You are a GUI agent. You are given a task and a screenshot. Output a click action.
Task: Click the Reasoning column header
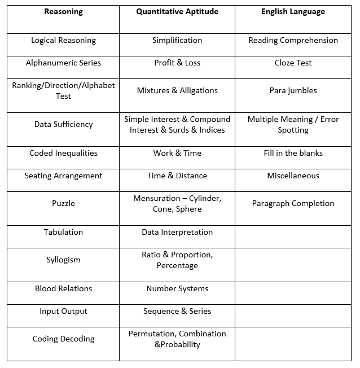[x=63, y=12]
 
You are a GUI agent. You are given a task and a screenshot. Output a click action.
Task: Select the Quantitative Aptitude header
[x=177, y=12]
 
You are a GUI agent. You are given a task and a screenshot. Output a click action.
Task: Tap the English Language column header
[x=293, y=12]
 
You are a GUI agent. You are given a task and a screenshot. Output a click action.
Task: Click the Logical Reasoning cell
[x=63, y=41]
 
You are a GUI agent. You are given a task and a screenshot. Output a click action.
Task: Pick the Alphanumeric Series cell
[x=63, y=63]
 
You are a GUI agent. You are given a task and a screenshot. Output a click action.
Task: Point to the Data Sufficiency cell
[x=63, y=125]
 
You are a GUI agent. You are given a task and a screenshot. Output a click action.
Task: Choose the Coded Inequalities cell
[x=63, y=154]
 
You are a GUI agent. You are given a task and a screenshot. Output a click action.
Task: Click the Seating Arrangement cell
[x=63, y=176]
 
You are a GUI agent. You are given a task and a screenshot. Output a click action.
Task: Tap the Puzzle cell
[x=63, y=204]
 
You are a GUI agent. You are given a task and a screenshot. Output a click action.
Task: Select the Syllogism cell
[x=63, y=260]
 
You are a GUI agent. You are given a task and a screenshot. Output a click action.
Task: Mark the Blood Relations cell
[x=63, y=289]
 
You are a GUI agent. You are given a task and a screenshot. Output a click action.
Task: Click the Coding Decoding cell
[x=63, y=339]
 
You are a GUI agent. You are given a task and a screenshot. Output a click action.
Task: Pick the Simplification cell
[x=177, y=41]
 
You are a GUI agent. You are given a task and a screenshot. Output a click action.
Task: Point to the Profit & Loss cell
[x=177, y=63]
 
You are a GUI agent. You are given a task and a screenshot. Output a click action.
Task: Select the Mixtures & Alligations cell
[x=177, y=91]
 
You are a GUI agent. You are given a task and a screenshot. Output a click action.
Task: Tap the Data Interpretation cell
[x=177, y=233]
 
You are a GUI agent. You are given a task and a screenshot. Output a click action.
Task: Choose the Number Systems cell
[x=177, y=289]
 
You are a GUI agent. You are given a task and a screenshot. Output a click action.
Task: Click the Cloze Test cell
[x=293, y=63]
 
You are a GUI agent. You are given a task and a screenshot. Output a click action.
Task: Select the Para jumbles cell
[x=293, y=91]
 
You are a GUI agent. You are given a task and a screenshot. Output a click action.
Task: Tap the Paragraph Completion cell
[x=293, y=204]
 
